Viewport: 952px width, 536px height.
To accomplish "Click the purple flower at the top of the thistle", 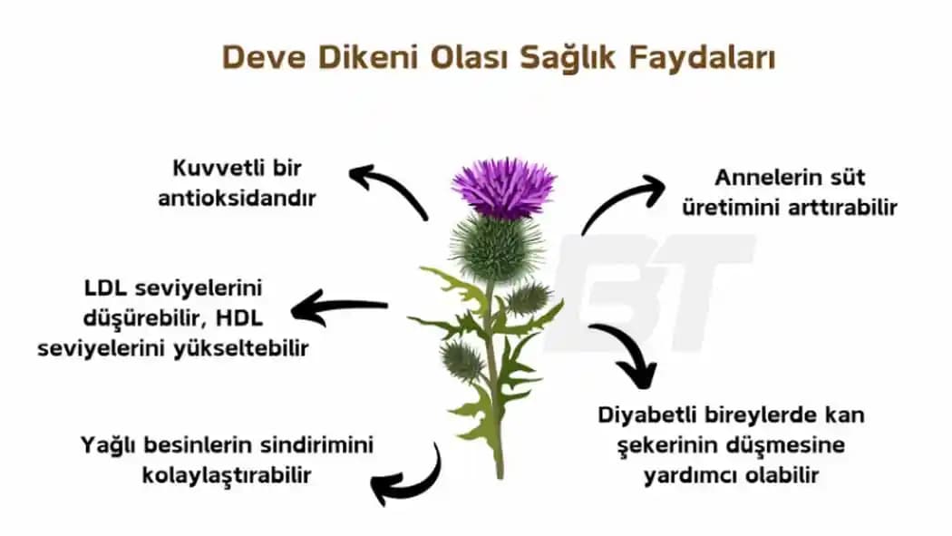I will click(x=504, y=186).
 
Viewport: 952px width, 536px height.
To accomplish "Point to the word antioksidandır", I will click(x=237, y=198).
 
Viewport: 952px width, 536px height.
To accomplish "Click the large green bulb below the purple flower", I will click(x=496, y=247).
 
